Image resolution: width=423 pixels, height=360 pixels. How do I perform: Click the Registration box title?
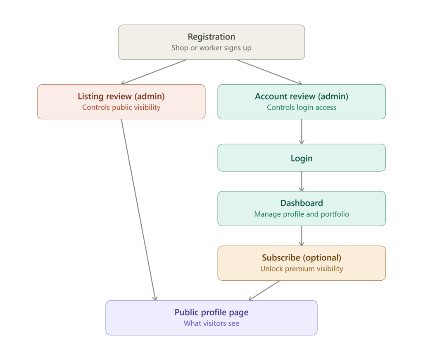pyautogui.click(x=211, y=37)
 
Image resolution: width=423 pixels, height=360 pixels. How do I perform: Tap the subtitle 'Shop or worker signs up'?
pyautogui.click(x=211, y=48)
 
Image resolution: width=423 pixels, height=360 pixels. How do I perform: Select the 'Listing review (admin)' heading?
pyautogui.click(x=121, y=96)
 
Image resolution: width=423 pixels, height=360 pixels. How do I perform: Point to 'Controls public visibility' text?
pyautogui.click(x=121, y=107)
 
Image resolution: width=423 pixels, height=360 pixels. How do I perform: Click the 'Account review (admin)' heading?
pyautogui.click(x=302, y=96)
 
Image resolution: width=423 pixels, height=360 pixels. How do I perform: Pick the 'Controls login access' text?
pyautogui.click(x=302, y=107)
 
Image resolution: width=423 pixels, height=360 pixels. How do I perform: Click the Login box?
pyautogui.click(x=302, y=158)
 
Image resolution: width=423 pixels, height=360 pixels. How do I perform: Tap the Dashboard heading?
pyautogui.click(x=302, y=203)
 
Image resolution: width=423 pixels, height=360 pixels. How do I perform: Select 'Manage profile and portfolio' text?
pyautogui.click(x=302, y=214)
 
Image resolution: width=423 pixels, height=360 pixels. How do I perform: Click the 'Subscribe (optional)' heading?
pyautogui.click(x=302, y=258)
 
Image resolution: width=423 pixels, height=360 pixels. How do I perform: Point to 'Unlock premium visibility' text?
pyautogui.click(x=302, y=269)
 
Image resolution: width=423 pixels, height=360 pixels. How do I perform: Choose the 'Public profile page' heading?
pyautogui.click(x=211, y=312)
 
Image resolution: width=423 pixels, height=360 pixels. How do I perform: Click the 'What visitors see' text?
pyautogui.click(x=211, y=323)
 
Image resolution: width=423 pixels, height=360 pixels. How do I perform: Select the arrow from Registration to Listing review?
pyautogui.click(x=154, y=72)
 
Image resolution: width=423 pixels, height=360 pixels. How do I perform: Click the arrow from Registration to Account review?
pyautogui.click(x=269, y=72)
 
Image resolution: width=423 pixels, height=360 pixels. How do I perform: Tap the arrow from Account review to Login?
pyautogui.click(x=302, y=132)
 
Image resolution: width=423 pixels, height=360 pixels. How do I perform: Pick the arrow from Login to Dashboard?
pyautogui.click(x=302, y=181)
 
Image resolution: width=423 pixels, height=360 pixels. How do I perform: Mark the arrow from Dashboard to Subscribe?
pyautogui.click(x=302, y=236)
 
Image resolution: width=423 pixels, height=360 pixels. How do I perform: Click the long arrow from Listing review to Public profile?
pyautogui.click(x=138, y=210)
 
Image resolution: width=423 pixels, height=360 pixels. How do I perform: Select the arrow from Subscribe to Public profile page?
pyautogui.click(x=264, y=290)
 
